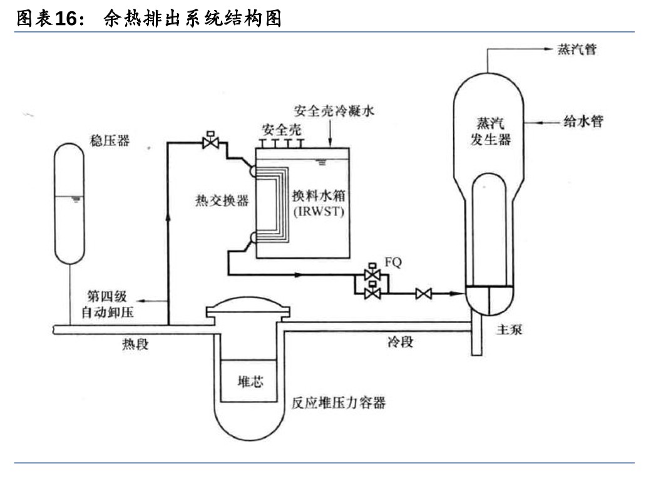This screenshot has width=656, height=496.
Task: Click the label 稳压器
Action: coord(110,140)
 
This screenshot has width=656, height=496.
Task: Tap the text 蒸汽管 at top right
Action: coord(576,50)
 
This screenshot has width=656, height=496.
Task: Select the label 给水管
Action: coord(581,121)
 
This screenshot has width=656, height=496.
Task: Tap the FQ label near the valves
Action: coord(392,262)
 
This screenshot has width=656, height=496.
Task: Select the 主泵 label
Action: coord(509,329)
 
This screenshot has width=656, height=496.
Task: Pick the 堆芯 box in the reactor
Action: coord(249,381)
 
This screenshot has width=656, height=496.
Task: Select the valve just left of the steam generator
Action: coord(424,292)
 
